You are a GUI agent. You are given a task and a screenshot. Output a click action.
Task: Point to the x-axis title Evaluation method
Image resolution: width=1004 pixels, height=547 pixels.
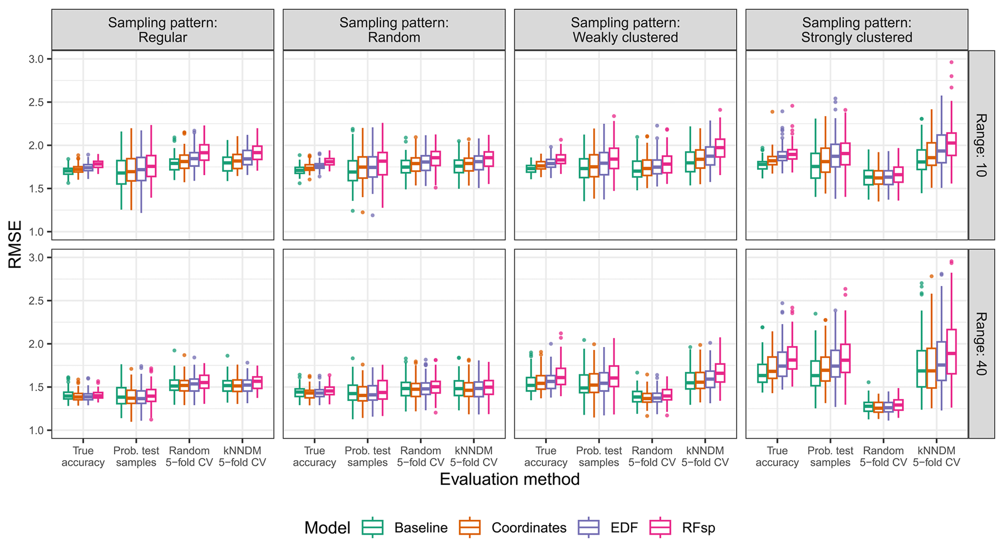(x=510, y=480)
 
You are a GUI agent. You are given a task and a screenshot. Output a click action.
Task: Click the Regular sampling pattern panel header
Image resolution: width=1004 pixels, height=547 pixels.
(x=163, y=30)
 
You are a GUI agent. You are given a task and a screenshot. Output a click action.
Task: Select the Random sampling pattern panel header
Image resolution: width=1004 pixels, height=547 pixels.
(x=394, y=30)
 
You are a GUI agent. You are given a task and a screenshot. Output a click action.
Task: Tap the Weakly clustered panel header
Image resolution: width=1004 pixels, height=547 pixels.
(x=625, y=30)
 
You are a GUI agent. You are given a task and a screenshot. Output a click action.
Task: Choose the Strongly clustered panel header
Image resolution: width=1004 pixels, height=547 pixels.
(x=856, y=30)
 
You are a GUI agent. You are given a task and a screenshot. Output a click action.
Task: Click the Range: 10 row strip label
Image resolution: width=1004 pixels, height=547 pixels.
(x=981, y=145)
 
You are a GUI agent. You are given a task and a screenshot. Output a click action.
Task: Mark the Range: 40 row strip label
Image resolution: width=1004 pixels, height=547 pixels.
(x=981, y=344)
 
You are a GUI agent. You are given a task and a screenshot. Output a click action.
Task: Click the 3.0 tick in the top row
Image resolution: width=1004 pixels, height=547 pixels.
(x=36, y=59)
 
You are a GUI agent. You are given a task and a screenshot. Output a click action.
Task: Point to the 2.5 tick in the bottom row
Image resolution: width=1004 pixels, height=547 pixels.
(x=36, y=301)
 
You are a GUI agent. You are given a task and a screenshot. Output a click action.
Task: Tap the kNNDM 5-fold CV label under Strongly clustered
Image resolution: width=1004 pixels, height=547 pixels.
(x=936, y=457)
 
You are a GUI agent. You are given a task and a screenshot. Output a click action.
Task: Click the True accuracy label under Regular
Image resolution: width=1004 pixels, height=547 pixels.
(x=83, y=457)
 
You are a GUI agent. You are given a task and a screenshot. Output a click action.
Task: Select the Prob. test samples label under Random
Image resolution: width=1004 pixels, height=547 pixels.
(x=368, y=457)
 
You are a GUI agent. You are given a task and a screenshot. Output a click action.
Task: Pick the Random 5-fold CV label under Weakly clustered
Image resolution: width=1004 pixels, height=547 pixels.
(x=652, y=457)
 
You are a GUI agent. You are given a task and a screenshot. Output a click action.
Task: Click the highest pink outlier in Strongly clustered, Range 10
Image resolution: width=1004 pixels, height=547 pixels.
(x=952, y=62)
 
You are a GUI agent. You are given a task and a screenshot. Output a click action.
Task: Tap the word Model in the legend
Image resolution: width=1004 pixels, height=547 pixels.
(x=327, y=528)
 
